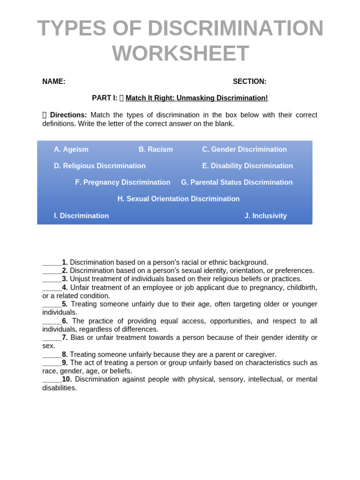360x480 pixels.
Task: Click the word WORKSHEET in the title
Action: [x=180, y=53]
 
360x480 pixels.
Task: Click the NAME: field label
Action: [x=54, y=82]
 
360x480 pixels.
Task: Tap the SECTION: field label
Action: [x=249, y=82]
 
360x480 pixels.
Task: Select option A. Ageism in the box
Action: [x=71, y=150]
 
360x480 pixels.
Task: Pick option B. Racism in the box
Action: [x=156, y=150]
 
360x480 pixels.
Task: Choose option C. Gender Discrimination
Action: [x=244, y=150]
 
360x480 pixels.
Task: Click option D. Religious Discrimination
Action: [x=100, y=166]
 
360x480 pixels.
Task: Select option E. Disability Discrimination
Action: [x=247, y=166]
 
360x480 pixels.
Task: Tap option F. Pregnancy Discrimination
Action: [x=123, y=182]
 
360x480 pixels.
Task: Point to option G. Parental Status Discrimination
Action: [x=237, y=182]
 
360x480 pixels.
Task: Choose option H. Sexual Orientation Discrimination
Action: [x=179, y=199]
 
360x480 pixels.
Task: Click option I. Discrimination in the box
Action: [x=82, y=216]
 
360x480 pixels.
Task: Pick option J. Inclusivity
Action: [x=265, y=216]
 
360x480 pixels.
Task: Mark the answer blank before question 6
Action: [x=52, y=321]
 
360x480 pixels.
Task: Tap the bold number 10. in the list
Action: [x=67, y=379]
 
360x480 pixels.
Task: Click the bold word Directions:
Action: [x=68, y=115]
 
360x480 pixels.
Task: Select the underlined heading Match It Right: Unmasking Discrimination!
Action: [x=197, y=98]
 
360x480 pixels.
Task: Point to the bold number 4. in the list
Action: [x=65, y=287]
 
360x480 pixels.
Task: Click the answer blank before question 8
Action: [x=52, y=354]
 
